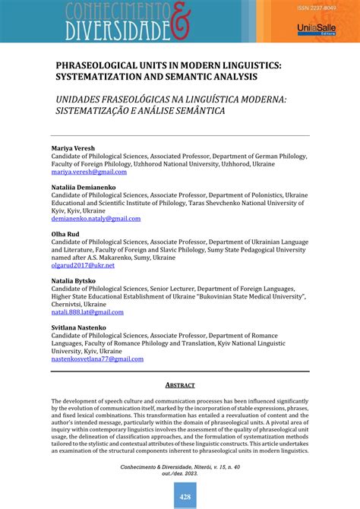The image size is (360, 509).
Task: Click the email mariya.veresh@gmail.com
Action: pyautogui.click(x=89, y=172)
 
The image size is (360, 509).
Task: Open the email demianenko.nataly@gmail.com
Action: pyautogui.click(x=96, y=219)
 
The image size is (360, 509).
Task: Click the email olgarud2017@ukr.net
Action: pyautogui.click(x=83, y=265)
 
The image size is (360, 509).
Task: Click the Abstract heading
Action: pyautogui.click(x=180, y=385)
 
